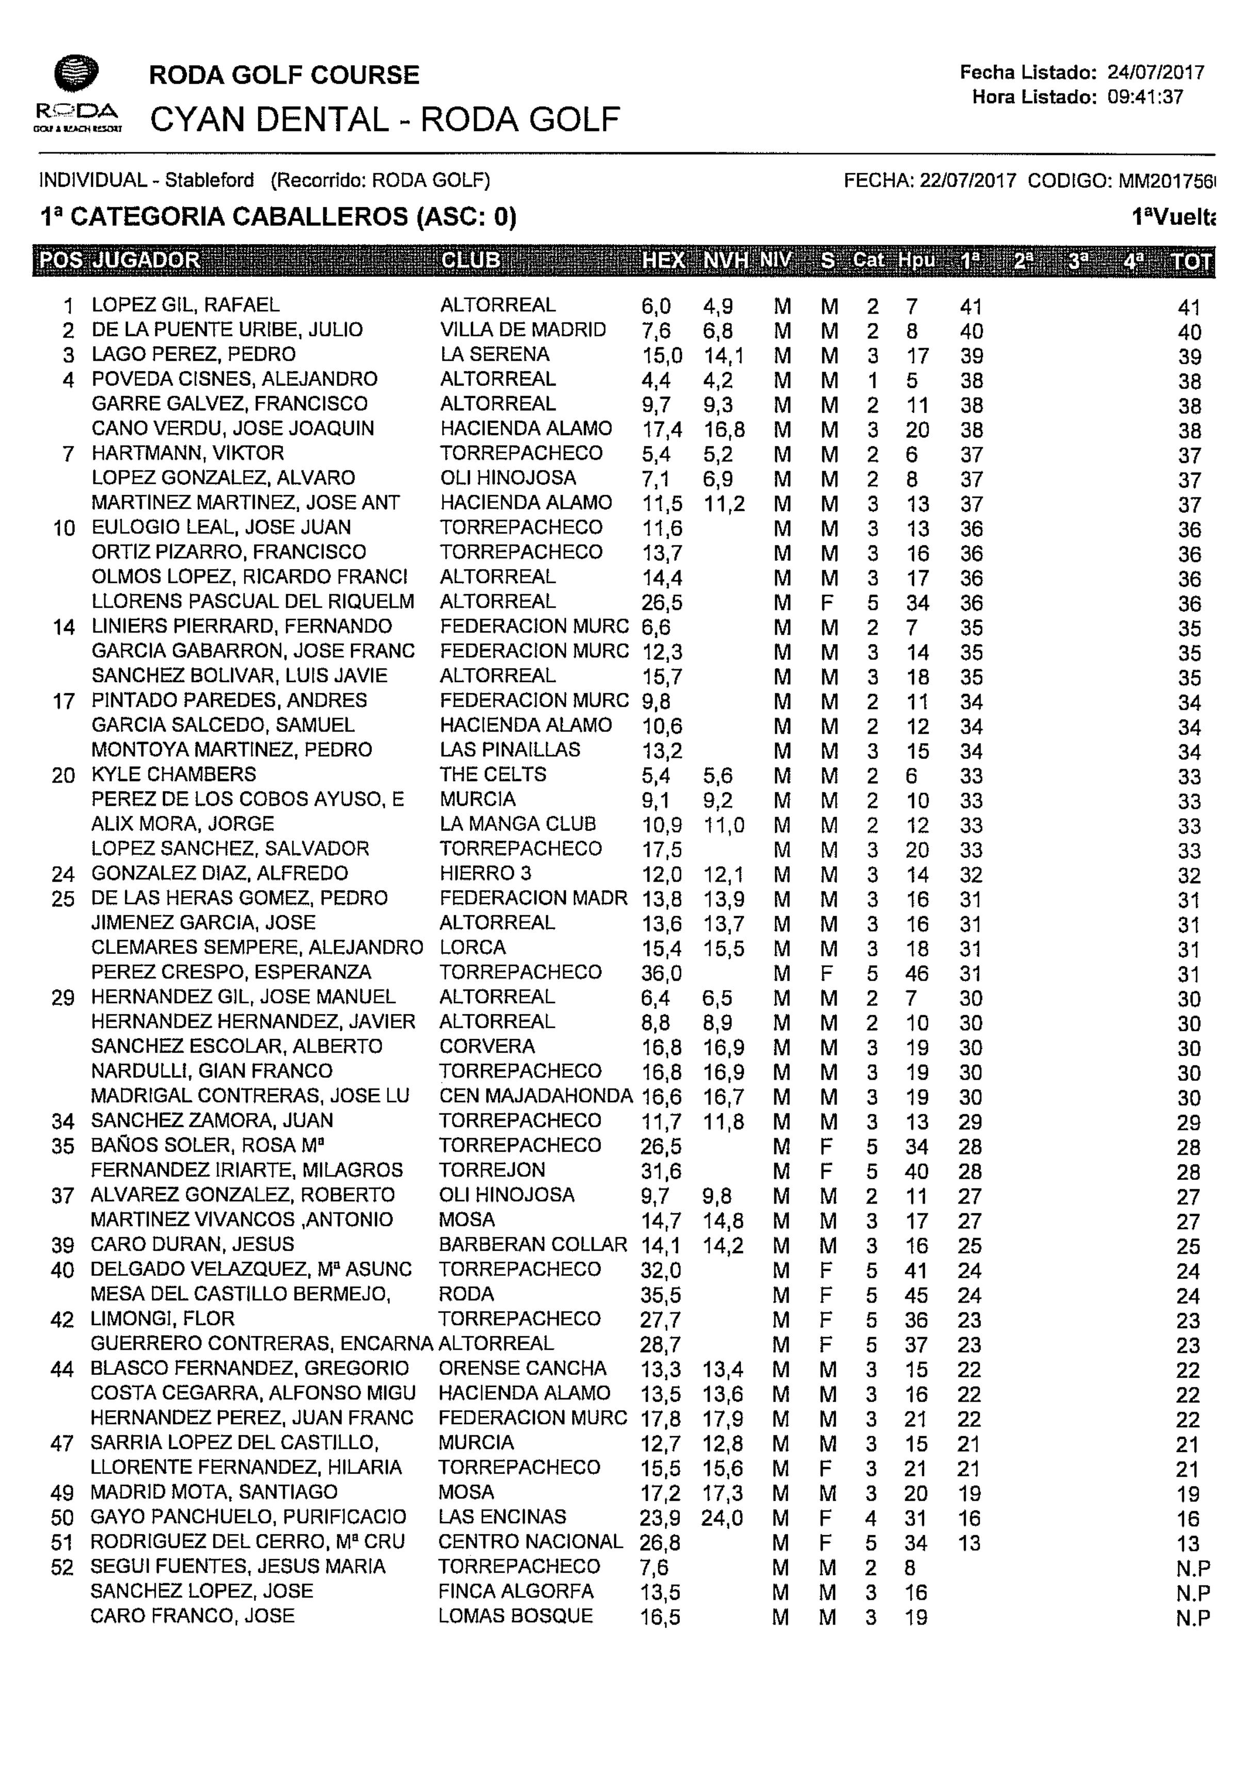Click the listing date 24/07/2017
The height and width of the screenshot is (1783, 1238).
[1155, 73]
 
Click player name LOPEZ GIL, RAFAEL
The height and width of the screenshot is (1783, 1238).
[185, 305]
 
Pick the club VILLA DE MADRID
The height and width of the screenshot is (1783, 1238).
[523, 330]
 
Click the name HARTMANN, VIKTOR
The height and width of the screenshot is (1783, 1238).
[188, 453]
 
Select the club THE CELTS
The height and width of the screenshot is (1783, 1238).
[493, 774]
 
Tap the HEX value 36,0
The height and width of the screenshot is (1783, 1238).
[661, 973]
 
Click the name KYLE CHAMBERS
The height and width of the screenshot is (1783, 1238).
[174, 774]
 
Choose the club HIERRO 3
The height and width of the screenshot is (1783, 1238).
[485, 873]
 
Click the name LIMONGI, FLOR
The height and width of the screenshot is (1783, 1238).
[162, 1319]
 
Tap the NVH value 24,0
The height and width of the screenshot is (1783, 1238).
[722, 1518]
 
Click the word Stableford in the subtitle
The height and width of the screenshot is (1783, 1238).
[209, 181]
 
